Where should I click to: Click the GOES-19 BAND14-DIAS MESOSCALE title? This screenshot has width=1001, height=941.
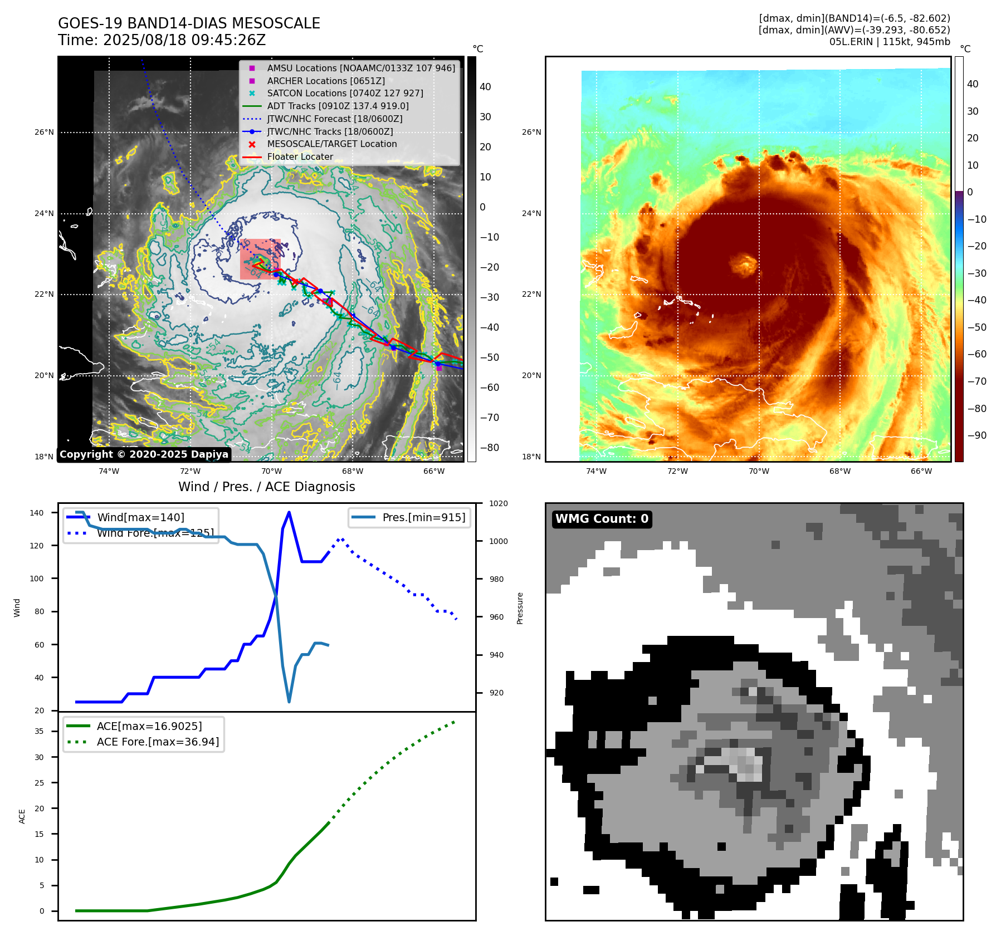pyautogui.click(x=189, y=23)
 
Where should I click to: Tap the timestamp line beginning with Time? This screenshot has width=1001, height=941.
pyautogui.click(x=162, y=40)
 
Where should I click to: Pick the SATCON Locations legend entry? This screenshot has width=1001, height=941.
pyautogui.click(x=345, y=93)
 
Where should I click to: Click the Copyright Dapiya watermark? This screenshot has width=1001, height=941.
pyautogui.click(x=144, y=454)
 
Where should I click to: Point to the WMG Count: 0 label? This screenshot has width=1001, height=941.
pyautogui.click(x=602, y=519)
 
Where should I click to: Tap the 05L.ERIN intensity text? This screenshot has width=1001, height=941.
pyautogui.click(x=890, y=42)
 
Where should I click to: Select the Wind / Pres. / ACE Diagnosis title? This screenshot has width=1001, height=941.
pyautogui.click(x=266, y=487)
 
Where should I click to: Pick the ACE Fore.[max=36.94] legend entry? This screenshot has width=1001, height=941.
pyautogui.click(x=158, y=742)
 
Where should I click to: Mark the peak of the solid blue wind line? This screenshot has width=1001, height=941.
pyautogui.click(x=289, y=512)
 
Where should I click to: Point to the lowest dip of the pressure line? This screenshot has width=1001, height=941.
pyautogui.click(x=289, y=702)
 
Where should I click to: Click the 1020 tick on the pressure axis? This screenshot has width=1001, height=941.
pyautogui.click(x=499, y=503)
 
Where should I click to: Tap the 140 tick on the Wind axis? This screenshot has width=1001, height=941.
pyautogui.click(x=37, y=513)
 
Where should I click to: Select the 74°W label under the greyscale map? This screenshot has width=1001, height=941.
pyautogui.click(x=109, y=471)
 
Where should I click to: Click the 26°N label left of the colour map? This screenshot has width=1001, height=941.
pyautogui.click(x=531, y=133)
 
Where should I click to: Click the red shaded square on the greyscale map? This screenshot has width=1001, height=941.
pyautogui.click(x=260, y=259)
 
